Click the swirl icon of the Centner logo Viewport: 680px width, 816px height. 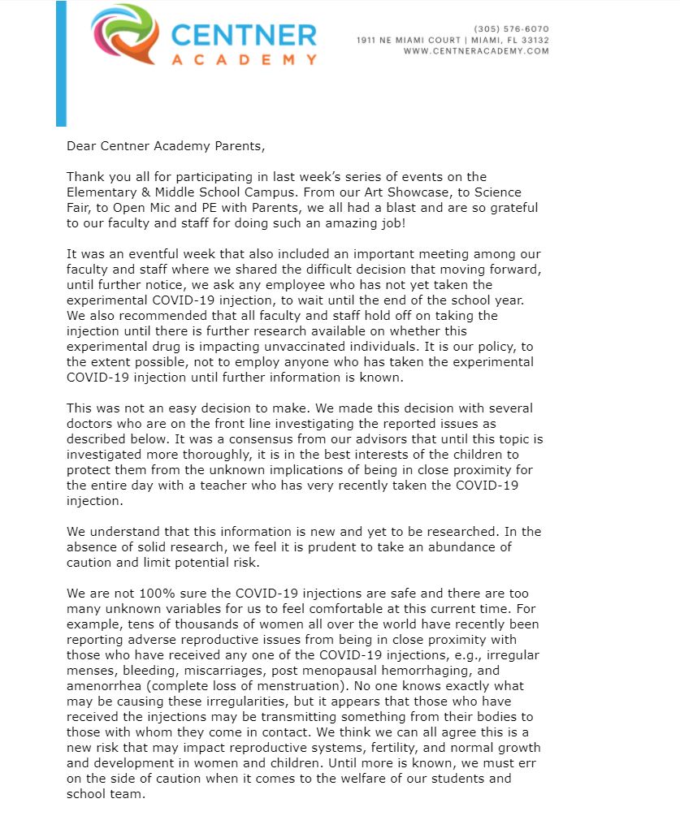pyautogui.click(x=123, y=35)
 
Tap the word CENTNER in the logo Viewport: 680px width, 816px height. pyautogui.click(x=244, y=35)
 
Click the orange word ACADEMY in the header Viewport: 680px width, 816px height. pyautogui.click(x=244, y=60)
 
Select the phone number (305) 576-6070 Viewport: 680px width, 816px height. pyautogui.click(x=511, y=29)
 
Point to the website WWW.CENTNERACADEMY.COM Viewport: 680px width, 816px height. pyautogui.click(x=476, y=51)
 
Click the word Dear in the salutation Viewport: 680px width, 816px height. pyautogui.click(x=82, y=147)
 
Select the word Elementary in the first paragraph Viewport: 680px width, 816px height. pyautogui.click(x=102, y=192)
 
